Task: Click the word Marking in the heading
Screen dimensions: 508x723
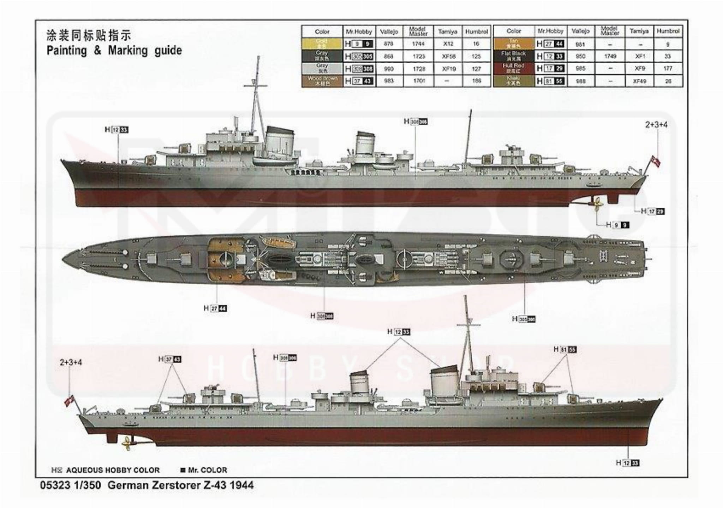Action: [x=128, y=51]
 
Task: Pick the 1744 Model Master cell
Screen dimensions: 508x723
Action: [x=418, y=44]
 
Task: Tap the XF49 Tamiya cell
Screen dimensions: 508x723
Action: [x=639, y=81]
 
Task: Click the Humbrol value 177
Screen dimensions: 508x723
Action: [x=668, y=69]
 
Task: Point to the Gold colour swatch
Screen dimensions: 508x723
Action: [x=322, y=44]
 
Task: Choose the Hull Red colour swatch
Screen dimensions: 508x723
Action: [x=514, y=69]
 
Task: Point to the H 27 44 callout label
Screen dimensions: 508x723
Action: [x=215, y=309]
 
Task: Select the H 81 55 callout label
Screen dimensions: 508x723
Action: [x=565, y=350]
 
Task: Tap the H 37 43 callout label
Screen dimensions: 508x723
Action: [x=170, y=360]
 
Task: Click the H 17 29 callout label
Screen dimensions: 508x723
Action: [x=653, y=212]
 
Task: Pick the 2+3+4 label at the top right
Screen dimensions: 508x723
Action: [x=656, y=125]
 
